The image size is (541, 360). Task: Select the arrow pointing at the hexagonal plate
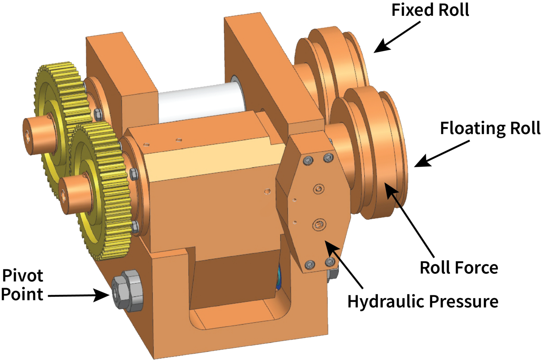click(x=332, y=250)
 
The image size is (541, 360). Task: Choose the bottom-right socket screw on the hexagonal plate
click(x=330, y=261)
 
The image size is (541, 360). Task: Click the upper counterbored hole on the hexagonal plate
click(x=319, y=189)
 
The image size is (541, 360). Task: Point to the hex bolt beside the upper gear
click(x=98, y=114)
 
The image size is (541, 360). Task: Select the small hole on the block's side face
click(x=267, y=191)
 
